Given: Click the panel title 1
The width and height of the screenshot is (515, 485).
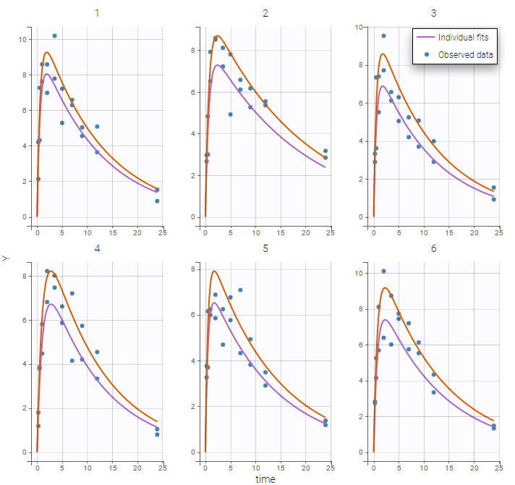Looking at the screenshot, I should coord(97,13).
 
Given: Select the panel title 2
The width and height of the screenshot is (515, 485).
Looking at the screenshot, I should coord(265,13).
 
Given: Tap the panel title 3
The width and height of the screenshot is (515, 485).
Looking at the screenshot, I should coord(434,13).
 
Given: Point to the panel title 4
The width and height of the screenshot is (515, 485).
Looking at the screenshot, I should coord(97,248).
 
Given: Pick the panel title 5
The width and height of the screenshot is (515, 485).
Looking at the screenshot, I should coord(265,248).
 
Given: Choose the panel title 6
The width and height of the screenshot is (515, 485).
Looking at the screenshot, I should coord(434,248).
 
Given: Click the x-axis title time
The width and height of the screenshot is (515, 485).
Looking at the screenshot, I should coord(265,478).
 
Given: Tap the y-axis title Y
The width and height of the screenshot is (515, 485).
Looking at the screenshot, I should coord(7,258).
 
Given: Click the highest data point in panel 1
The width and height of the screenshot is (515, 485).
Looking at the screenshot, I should coord(54,35).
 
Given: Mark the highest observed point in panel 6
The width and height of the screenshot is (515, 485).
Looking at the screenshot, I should coord(383,271).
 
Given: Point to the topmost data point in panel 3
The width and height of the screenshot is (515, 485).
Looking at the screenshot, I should coord(383,35).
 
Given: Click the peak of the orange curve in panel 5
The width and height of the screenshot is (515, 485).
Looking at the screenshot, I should coord(214,271).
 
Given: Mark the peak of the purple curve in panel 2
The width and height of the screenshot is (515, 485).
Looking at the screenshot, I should coord(217,65).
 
